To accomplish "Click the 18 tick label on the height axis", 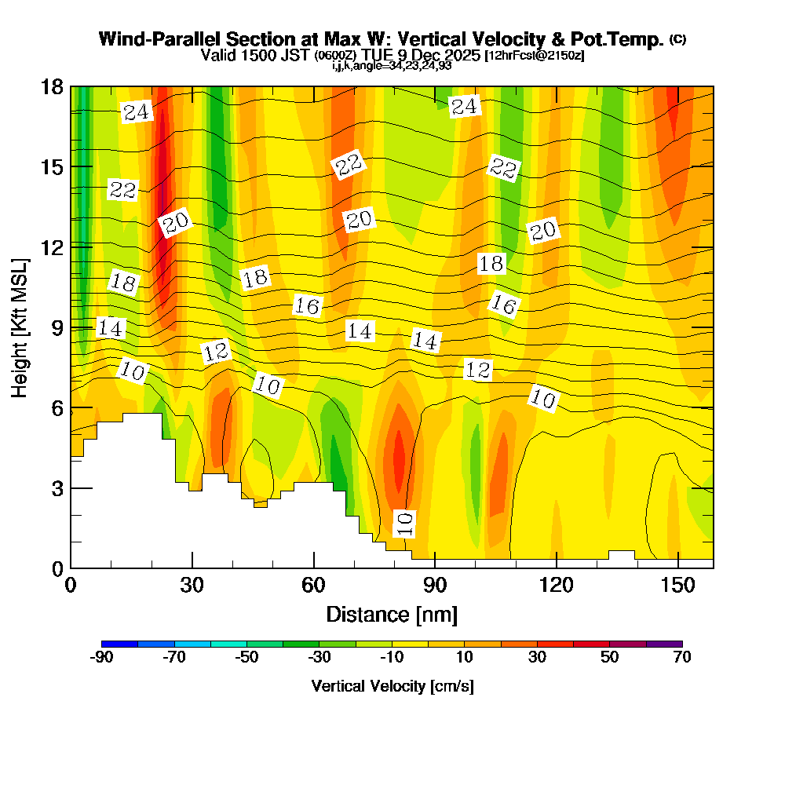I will pyautogui.click(x=52, y=86).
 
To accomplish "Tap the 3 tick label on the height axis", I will pyautogui.click(x=57, y=488).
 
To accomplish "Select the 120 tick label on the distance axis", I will pyautogui.click(x=556, y=585).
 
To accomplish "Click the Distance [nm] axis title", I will pyautogui.click(x=392, y=613).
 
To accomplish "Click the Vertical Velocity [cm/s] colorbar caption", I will pyautogui.click(x=392, y=686).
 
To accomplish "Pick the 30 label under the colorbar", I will pyautogui.click(x=537, y=657).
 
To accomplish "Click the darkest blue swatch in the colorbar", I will pyautogui.click(x=119, y=643).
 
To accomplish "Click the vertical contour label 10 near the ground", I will pyautogui.click(x=404, y=524).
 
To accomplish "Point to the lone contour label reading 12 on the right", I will pyautogui.click(x=478, y=370).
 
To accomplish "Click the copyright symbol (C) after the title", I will pyautogui.click(x=678, y=38).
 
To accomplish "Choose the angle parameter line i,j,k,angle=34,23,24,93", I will pyautogui.click(x=392, y=66).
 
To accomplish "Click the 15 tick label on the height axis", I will pyautogui.click(x=52, y=166).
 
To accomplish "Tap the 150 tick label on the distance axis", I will pyautogui.click(x=677, y=585).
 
